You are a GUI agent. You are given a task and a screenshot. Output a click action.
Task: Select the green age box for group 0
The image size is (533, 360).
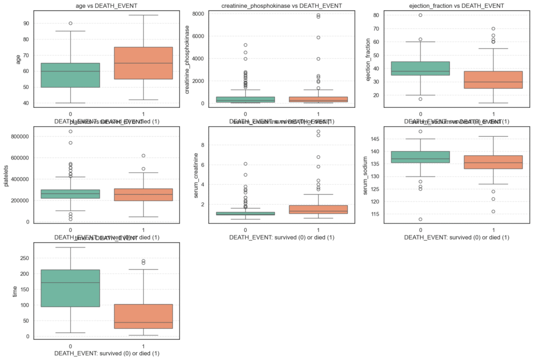[70, 75]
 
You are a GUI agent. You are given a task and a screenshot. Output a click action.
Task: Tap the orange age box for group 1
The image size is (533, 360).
[143, 63]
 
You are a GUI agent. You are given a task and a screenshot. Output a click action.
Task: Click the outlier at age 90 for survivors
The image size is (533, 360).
[70, 23]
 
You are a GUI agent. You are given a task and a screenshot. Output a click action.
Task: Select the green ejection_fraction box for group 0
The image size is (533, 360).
[420, 68]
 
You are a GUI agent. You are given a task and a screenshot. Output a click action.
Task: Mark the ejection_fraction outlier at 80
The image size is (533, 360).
[420, 15]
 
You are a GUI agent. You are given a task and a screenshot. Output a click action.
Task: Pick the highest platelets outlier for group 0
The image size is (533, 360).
[70, 131]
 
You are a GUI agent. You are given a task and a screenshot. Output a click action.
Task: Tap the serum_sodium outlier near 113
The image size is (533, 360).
[420, 219]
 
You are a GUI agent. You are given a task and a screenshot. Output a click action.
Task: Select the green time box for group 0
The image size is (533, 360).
[70, 288]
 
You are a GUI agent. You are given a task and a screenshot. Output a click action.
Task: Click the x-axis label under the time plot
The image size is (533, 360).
[107, 354]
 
